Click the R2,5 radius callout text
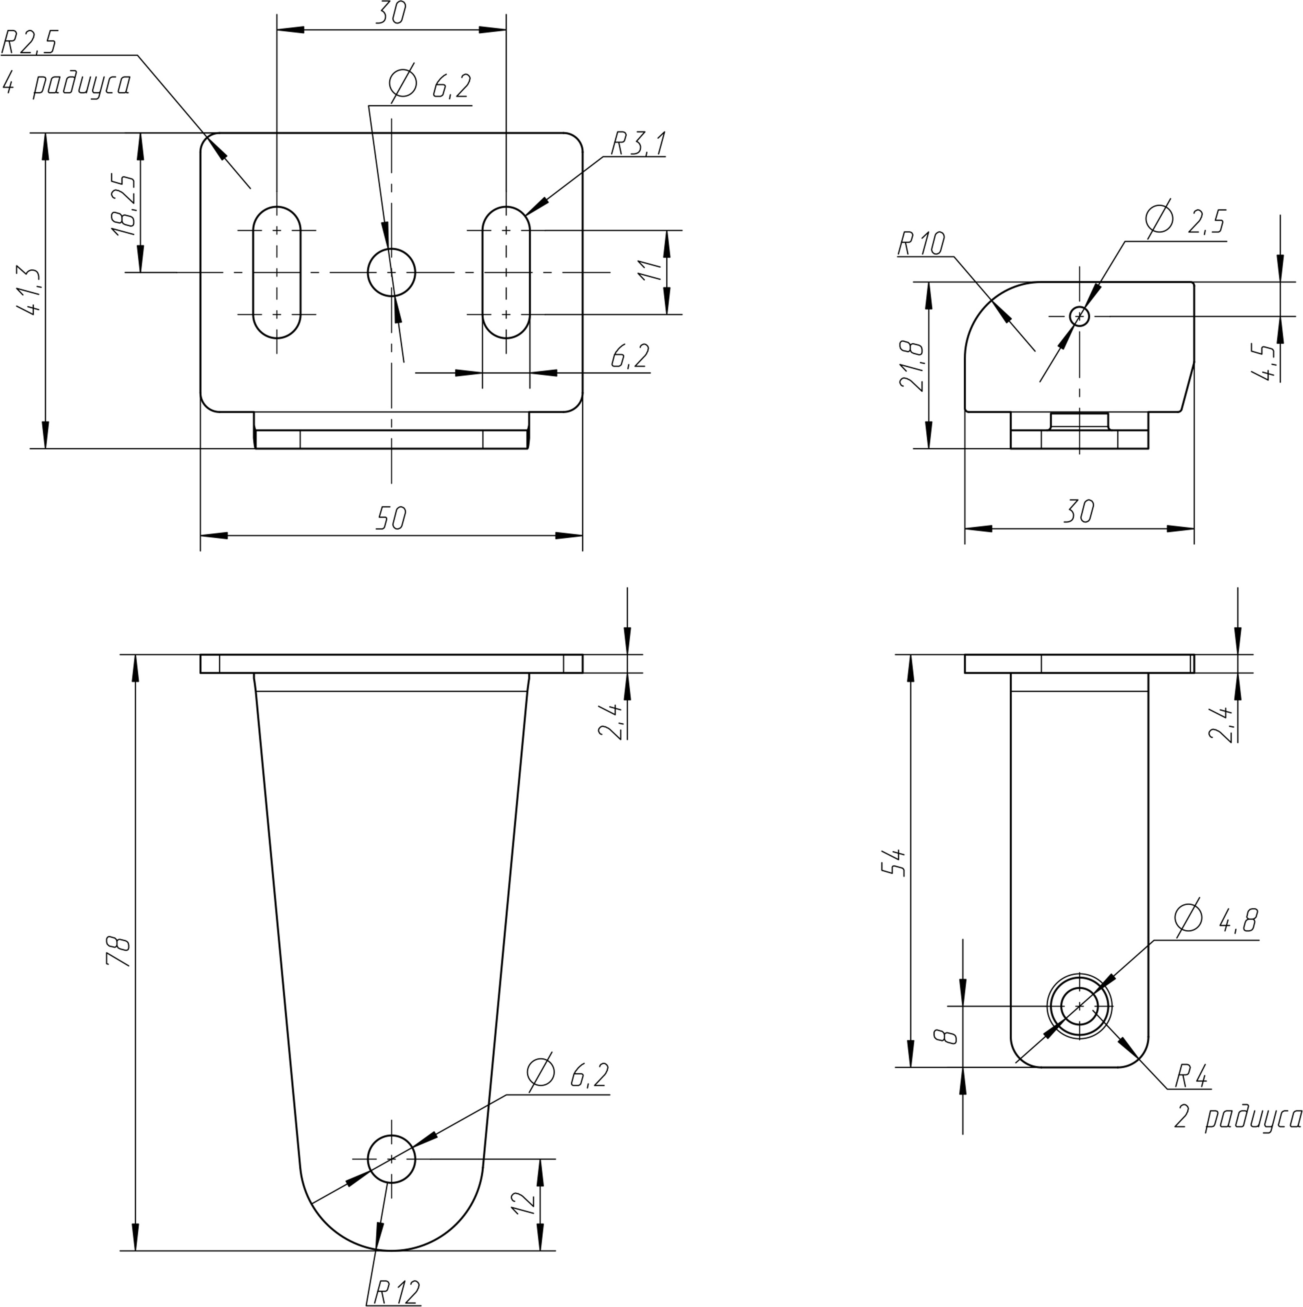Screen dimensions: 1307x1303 tap(31, 42)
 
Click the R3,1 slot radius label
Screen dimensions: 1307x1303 tap(638, 144)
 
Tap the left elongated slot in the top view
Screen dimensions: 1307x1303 tap(277, 272)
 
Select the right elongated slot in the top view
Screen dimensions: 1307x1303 tap(506, 272)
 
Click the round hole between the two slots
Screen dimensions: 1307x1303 tap(391, 272)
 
